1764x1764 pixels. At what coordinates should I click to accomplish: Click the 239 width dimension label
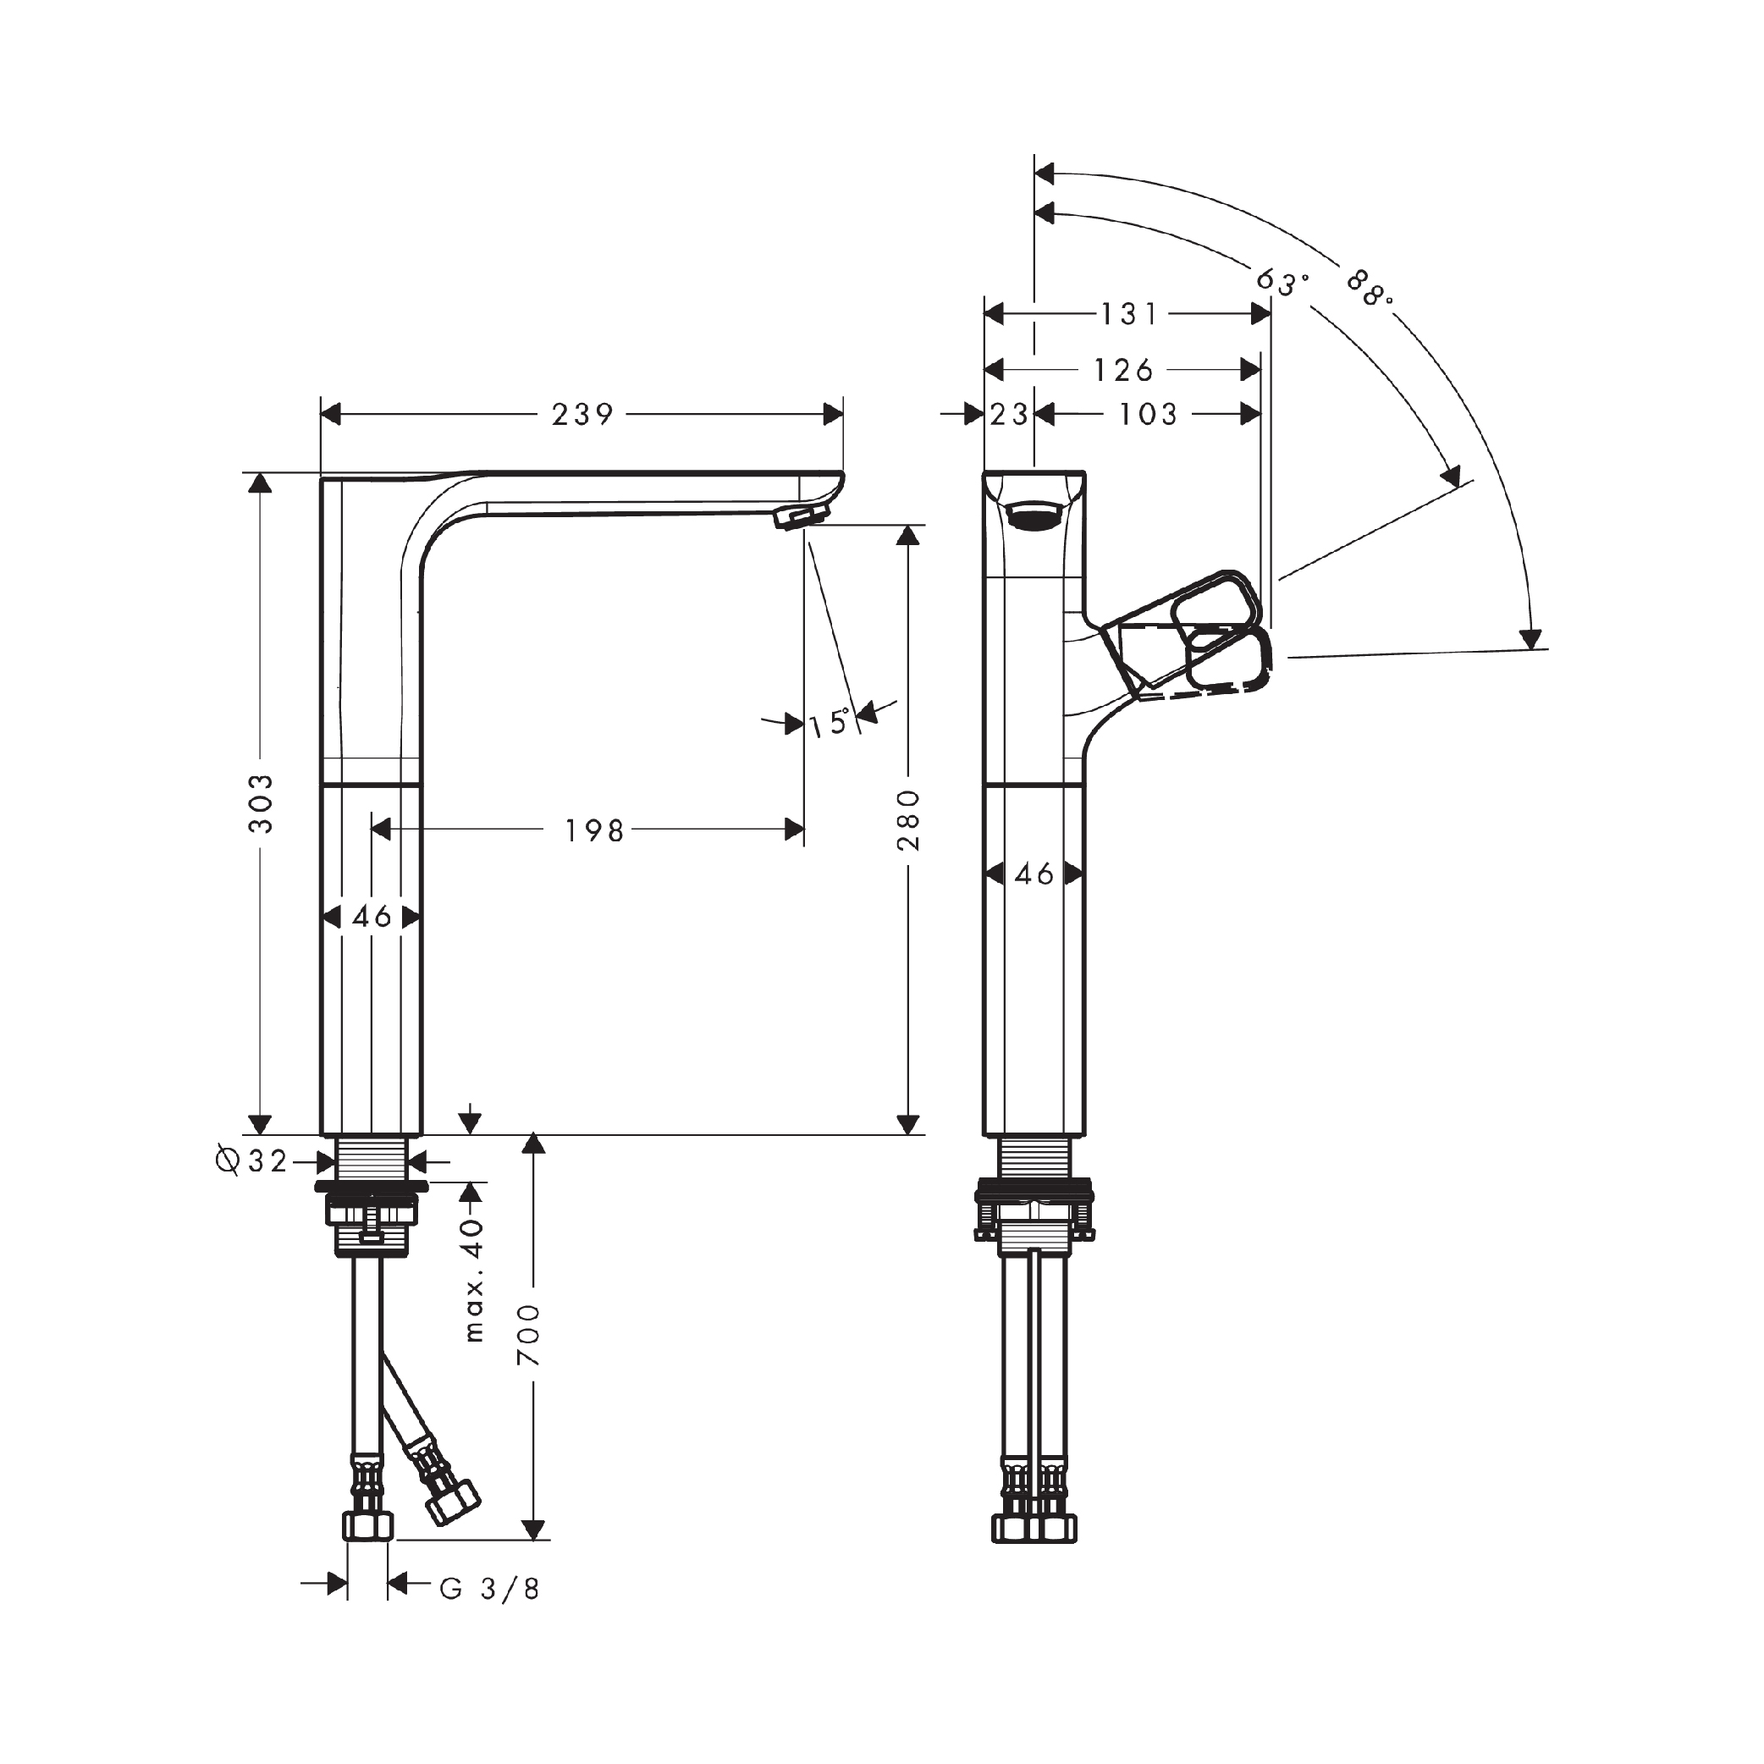pos(582,415)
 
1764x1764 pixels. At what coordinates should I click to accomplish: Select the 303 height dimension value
pos(262,802)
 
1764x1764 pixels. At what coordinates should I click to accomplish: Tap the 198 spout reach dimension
pos(594,831)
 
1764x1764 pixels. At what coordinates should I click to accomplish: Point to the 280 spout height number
pos(907,820)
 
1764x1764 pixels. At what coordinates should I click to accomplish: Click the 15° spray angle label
pos(830,723)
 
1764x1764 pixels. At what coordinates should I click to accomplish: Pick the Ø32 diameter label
pos(251,1161)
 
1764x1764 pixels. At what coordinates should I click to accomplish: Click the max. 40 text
pos(473,1279)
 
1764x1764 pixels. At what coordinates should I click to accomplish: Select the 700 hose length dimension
pos(529,1335)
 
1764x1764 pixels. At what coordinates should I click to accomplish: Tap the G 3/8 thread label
pos(489,1590)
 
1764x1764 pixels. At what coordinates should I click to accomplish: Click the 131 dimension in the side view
pos(1129,314)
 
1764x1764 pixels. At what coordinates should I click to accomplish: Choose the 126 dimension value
pos(1124,370)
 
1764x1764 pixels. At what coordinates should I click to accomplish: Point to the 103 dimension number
pos(1149,415)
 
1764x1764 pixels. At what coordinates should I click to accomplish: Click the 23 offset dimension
pos(1010,415)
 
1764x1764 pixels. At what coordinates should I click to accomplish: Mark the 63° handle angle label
pos(1281,282)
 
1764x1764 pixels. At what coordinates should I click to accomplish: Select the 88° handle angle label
pos(1370,289)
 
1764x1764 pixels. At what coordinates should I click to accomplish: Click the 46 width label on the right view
pos(1034,874)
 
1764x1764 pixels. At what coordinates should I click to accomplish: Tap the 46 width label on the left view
pos(372,916)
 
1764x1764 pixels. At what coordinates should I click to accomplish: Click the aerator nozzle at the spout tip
pos(791,518)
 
